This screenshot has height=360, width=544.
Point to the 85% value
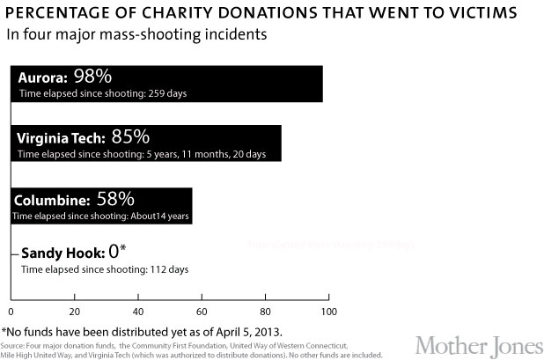point(129,137)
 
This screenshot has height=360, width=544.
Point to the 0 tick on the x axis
point(10,311)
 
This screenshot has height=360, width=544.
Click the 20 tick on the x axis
point(74,311)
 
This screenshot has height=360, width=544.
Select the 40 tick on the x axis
point(138,311)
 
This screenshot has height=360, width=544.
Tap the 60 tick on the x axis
point(202,311)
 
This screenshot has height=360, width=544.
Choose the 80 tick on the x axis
point(266,311)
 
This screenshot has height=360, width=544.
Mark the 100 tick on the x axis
point(328,311)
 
